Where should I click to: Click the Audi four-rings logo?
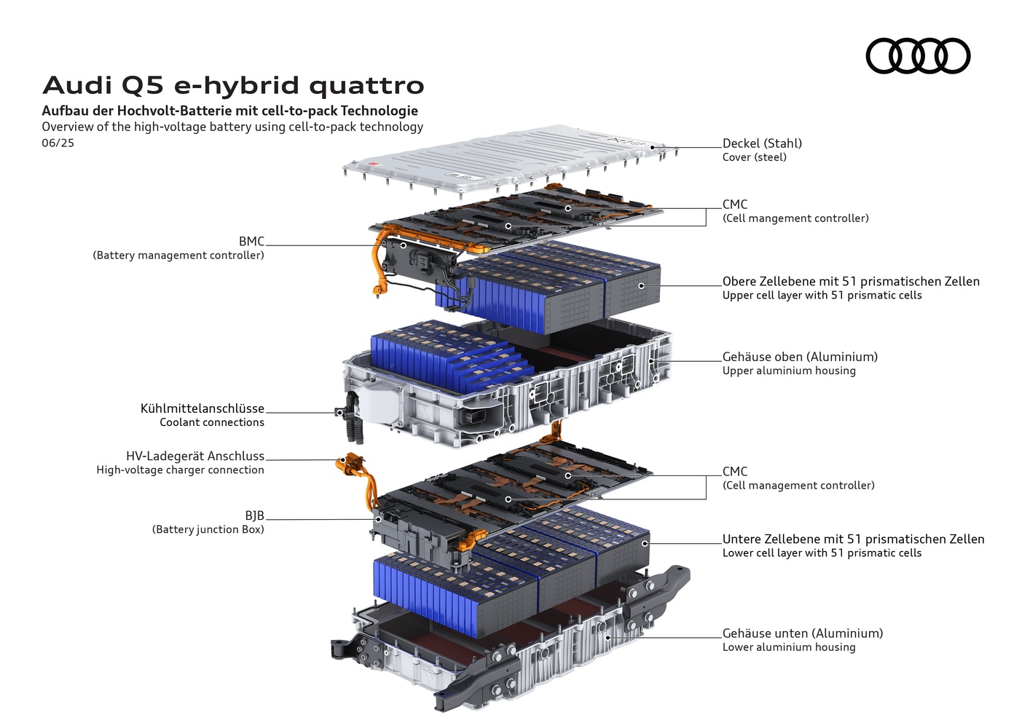point(918,55)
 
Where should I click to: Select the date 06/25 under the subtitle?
point(58,143)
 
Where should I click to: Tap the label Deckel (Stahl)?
point(762,143)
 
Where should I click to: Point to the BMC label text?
point(251,241)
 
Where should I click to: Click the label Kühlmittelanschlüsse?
point(203,408)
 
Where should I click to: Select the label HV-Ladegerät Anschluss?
point(195,456)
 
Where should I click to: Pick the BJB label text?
point(254,515)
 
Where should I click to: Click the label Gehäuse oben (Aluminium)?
point(800,357)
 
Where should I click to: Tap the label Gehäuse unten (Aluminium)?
point(803,633)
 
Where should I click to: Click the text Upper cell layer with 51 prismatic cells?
point(822,296)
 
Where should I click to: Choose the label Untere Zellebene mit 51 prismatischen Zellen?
point(853,539)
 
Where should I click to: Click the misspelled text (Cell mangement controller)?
point(795,218)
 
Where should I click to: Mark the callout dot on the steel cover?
point(652,147)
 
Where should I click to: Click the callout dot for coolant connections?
point(339,413)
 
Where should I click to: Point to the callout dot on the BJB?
point(378,519)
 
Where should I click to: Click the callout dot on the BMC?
point(403,245)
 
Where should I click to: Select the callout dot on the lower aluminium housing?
point(608,638)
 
